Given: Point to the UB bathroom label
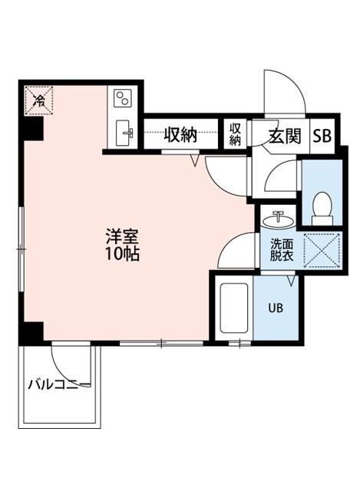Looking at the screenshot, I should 275,308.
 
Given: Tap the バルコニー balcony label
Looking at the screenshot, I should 60,384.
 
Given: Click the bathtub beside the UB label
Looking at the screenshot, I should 233,310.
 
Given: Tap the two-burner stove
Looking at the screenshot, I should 123,98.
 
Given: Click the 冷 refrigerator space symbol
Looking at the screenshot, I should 38,100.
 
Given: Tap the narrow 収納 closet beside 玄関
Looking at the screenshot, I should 236,135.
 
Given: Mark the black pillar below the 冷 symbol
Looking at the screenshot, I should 32,130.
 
